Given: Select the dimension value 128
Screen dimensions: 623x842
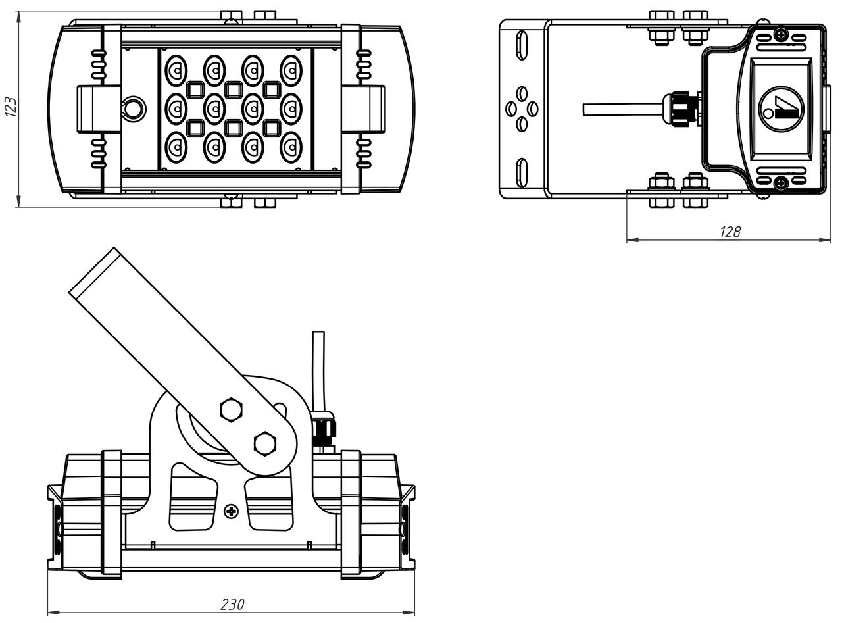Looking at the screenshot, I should (730, 232).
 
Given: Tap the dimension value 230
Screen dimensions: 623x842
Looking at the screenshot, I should (231, 604).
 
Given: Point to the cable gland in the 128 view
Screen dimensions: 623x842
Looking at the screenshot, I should (680, 109).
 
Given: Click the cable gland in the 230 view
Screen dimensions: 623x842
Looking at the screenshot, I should (322, 431).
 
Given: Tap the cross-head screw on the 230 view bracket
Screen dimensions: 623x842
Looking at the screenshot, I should (231, 511).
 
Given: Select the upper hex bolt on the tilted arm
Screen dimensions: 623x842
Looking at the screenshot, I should (231, 409).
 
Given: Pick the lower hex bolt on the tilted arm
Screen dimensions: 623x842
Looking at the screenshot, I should (264, 443).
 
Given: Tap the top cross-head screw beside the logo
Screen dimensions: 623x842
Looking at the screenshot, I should (781, 35).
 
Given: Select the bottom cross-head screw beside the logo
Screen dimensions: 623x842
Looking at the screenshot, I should (781, 184).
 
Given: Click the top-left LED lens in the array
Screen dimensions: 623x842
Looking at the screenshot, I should (176, 70).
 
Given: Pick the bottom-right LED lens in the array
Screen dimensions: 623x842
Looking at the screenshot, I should (291, 147).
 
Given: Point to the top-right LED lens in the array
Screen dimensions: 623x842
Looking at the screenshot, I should (291, 70).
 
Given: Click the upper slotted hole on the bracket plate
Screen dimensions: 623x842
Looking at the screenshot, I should (522, 45).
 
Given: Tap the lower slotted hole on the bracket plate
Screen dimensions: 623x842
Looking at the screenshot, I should (522, 172).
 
